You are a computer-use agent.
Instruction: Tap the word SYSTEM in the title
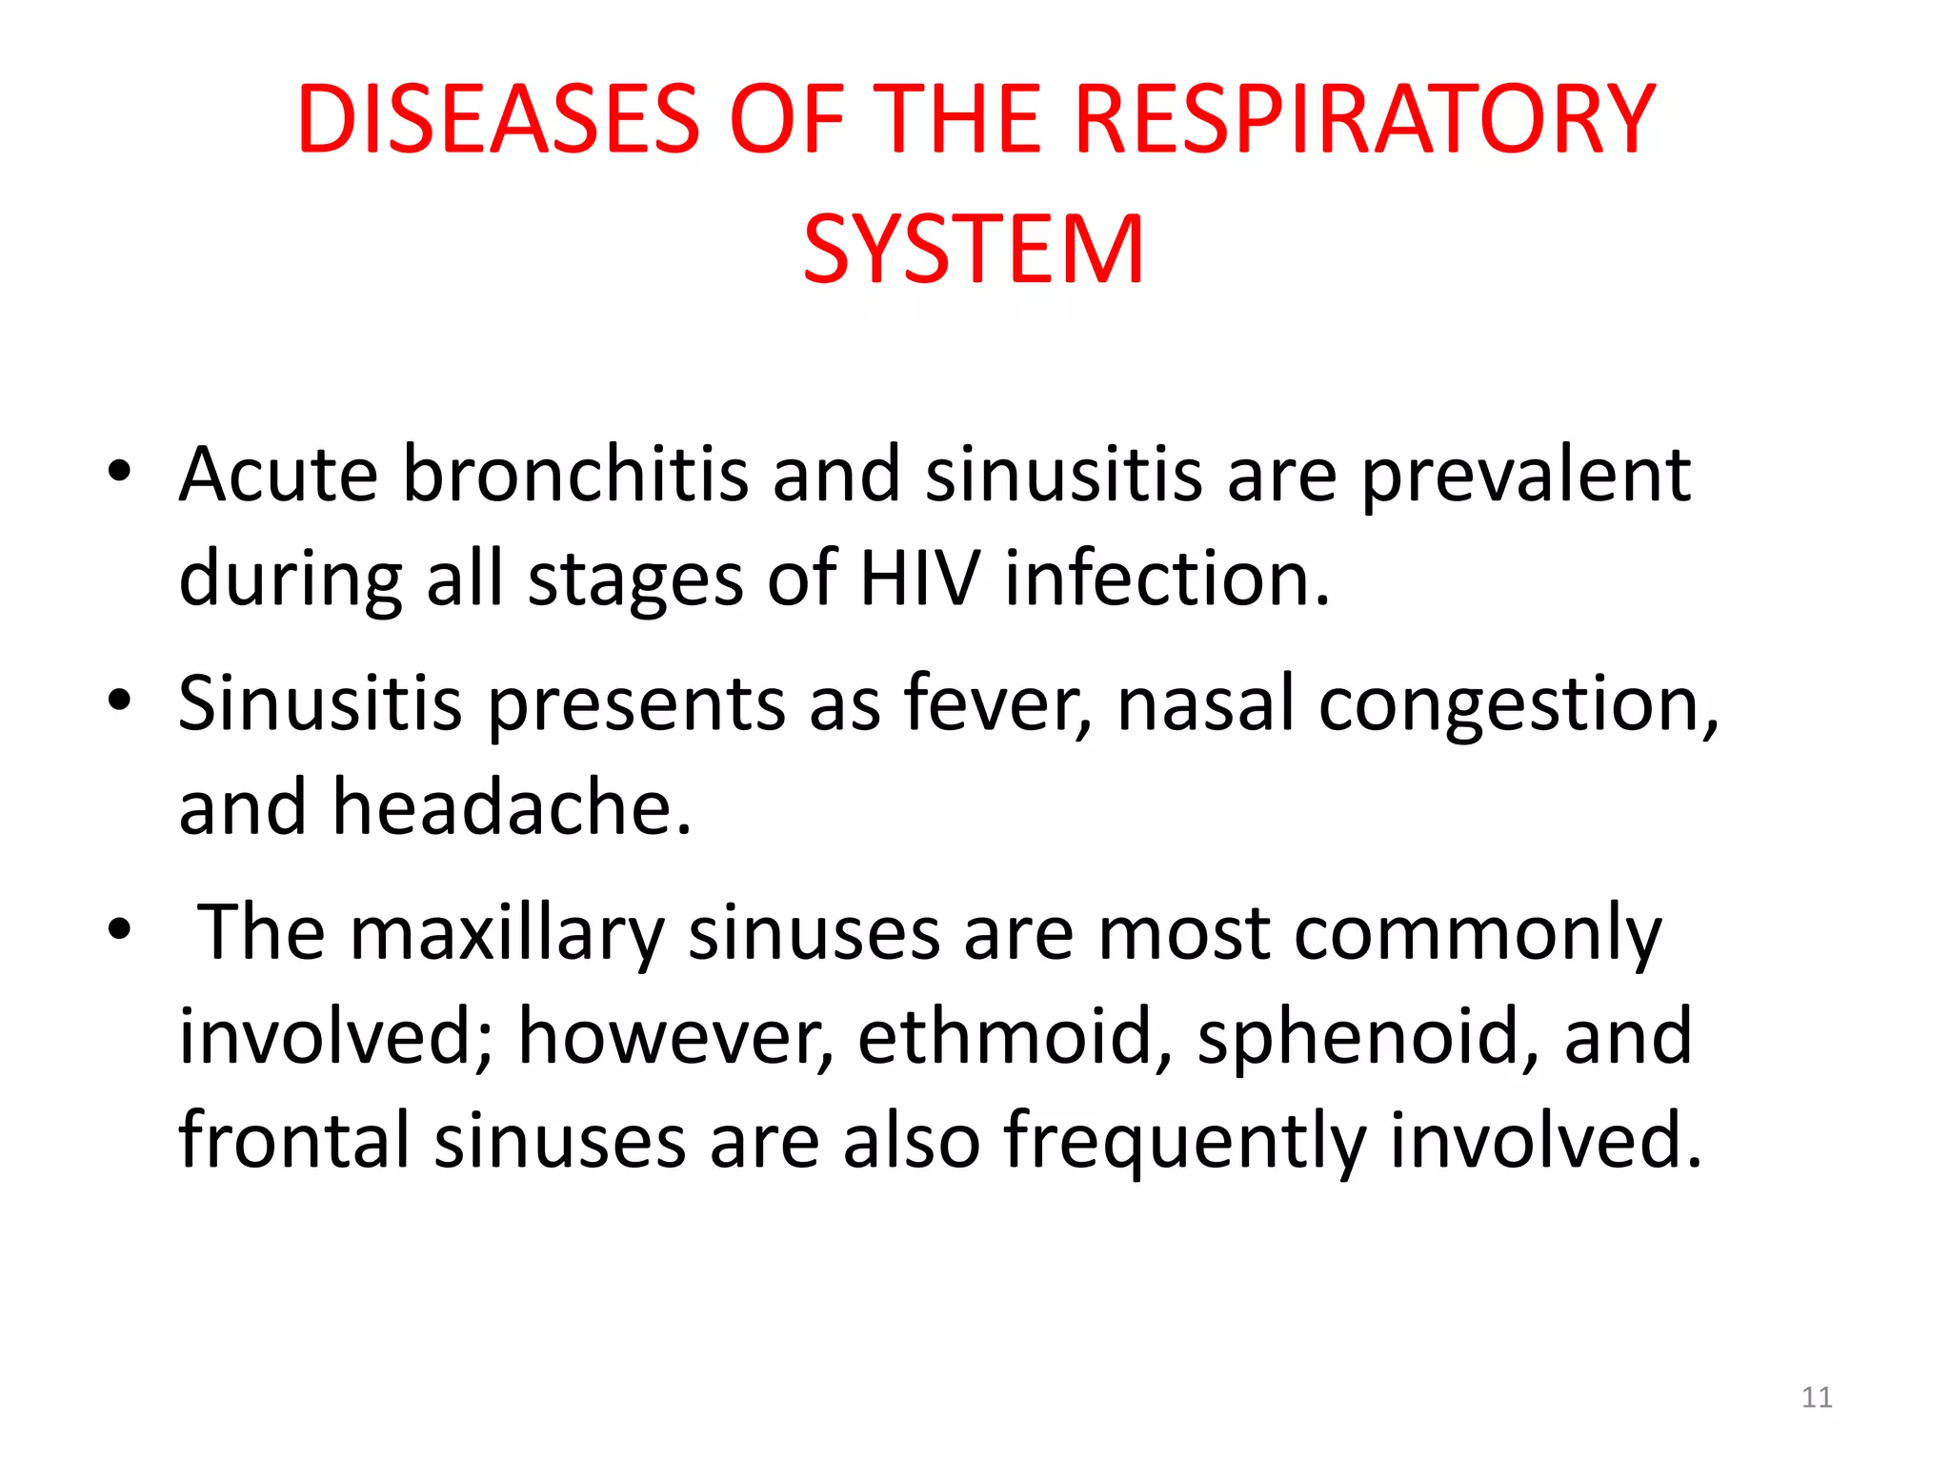(974, 250)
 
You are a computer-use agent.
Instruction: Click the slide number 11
(1817, 1397)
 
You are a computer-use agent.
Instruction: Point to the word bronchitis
(575, 474)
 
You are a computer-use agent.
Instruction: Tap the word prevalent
(1525, 476)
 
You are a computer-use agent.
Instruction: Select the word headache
(511, 807)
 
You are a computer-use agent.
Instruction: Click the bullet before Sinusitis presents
(118, 701)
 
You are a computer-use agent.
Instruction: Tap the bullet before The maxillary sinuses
(118, 929)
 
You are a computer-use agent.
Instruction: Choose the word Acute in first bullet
(277, 474)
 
